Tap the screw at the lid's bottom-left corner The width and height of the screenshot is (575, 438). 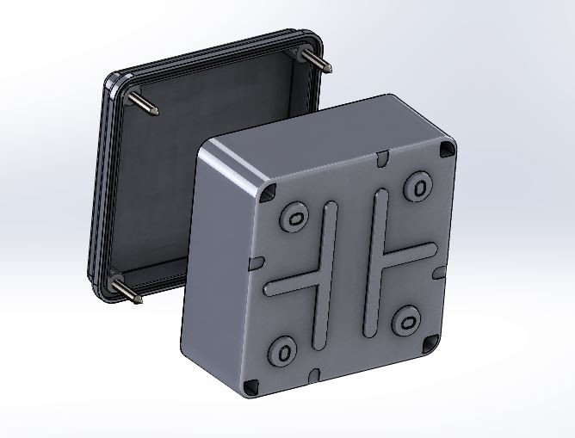[126, 290]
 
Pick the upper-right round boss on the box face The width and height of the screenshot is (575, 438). [420, 186]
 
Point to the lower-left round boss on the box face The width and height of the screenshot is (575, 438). [283, 350]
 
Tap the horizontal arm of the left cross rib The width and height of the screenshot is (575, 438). [293, 284]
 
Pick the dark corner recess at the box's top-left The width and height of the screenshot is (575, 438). [269, 191]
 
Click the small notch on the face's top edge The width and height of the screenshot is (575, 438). [380, 159]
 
